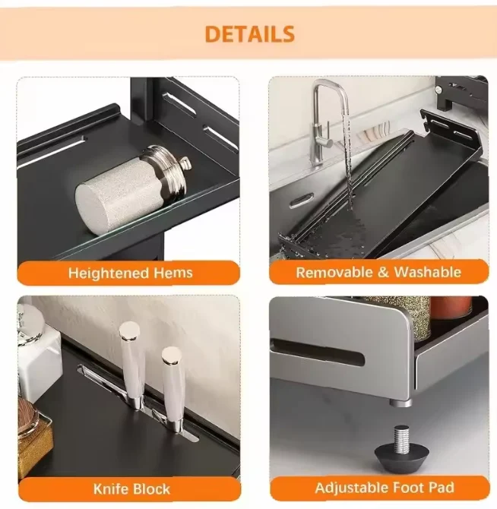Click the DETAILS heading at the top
point(249,34)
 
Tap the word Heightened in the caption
point(108,273)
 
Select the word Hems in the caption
point(173,273)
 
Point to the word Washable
point(427,272)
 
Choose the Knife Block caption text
point(131,488)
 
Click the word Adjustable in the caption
point(352,488)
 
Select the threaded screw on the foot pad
point(402,436)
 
